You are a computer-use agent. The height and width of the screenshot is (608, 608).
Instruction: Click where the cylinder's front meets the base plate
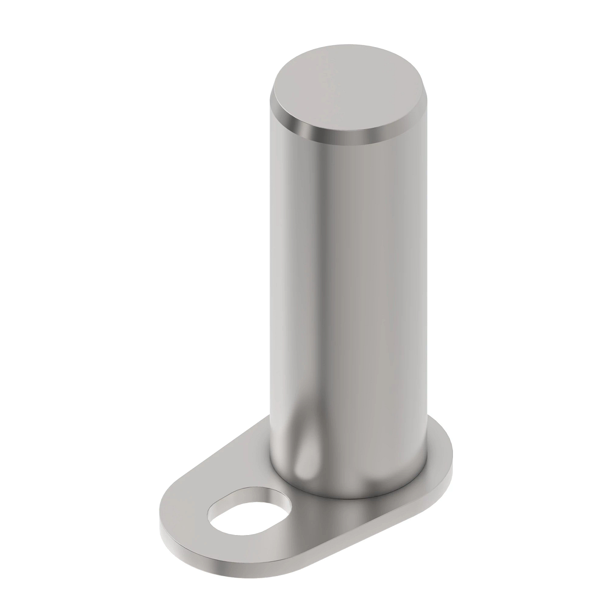pos(334,494)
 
